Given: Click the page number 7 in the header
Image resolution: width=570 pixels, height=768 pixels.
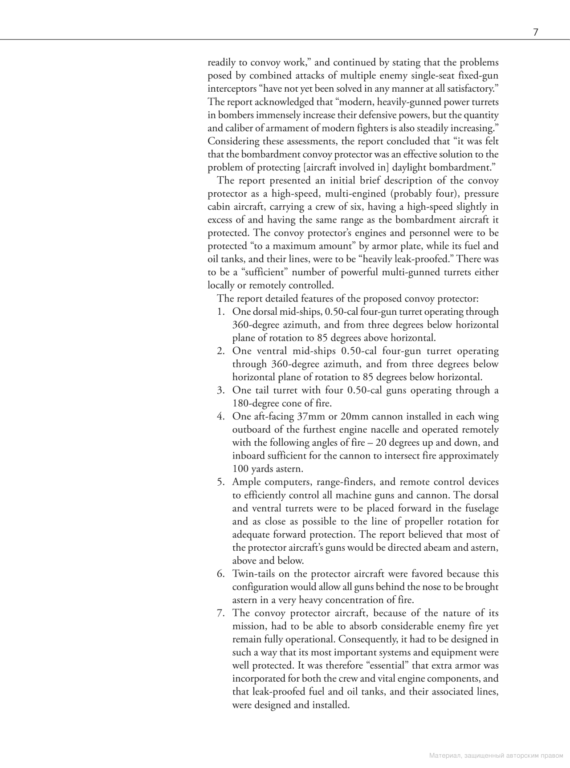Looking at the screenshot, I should pyautogui.click(x=536, y=33).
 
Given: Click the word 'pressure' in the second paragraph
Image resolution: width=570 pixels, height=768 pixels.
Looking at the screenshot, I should pyautogui.click(x=481, y=194).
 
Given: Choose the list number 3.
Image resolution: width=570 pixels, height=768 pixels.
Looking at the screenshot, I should pyautogui.click(x=220, y=390).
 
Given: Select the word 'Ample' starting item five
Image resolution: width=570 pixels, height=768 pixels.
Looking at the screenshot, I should pyautogui.click(x=246, y=482).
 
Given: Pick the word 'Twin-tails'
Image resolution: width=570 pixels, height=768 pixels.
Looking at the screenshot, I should pyautogui.click(x=254, y=574).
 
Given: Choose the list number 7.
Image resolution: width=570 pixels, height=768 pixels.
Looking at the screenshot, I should pyautogui.click(x=220, y=613).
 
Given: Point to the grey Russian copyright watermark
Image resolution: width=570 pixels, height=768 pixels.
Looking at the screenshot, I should pyautogui.click(x=496, y=756).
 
